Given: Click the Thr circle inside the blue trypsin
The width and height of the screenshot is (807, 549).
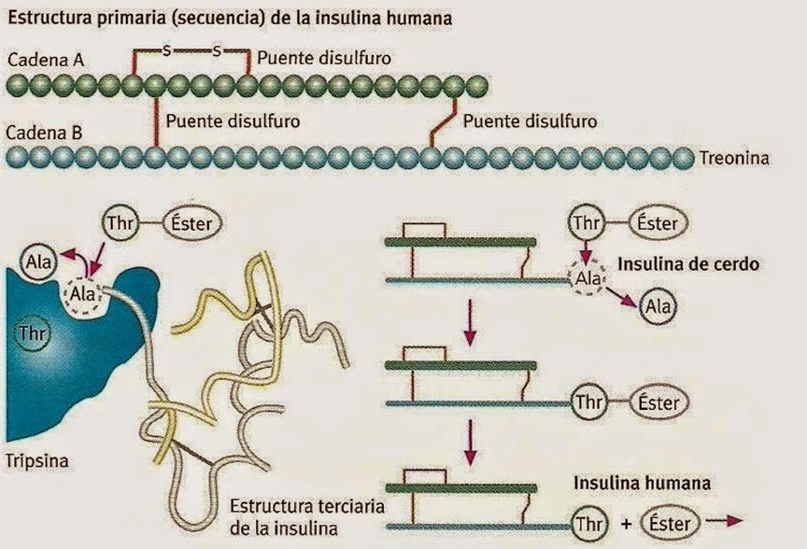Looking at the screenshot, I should click(33, 331).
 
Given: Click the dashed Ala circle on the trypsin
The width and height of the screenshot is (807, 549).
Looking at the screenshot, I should click(80, 296).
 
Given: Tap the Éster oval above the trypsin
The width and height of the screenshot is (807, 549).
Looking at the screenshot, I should click(192, 223).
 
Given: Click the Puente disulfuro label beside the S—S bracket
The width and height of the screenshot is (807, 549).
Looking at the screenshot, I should click(323, 58).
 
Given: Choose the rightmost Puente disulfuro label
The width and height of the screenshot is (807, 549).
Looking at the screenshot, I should click(530, 121).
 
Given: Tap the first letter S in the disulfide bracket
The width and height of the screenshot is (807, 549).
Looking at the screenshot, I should click(166, 50).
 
